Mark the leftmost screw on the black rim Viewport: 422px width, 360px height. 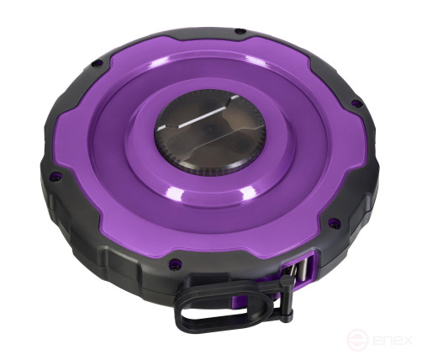(x=55, y=176)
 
